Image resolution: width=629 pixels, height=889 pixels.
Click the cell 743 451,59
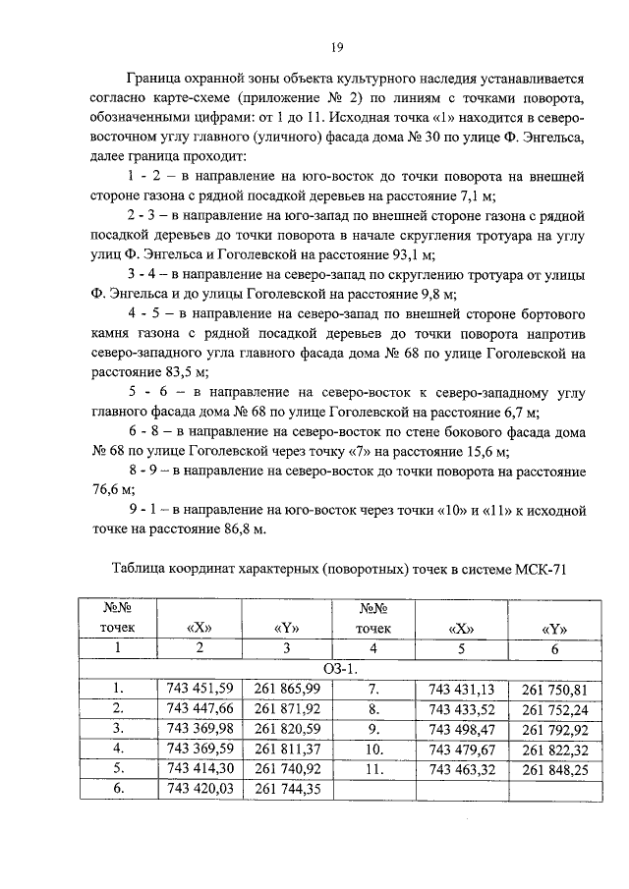200,688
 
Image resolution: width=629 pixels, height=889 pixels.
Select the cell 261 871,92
287,707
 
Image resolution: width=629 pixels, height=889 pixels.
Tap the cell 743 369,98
200,728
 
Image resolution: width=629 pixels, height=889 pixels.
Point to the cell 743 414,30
200,768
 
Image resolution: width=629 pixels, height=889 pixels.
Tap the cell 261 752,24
554,707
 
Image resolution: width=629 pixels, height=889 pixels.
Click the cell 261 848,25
554,768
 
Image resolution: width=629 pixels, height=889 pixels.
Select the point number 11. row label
372,768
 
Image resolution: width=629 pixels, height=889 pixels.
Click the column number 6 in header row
554,647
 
